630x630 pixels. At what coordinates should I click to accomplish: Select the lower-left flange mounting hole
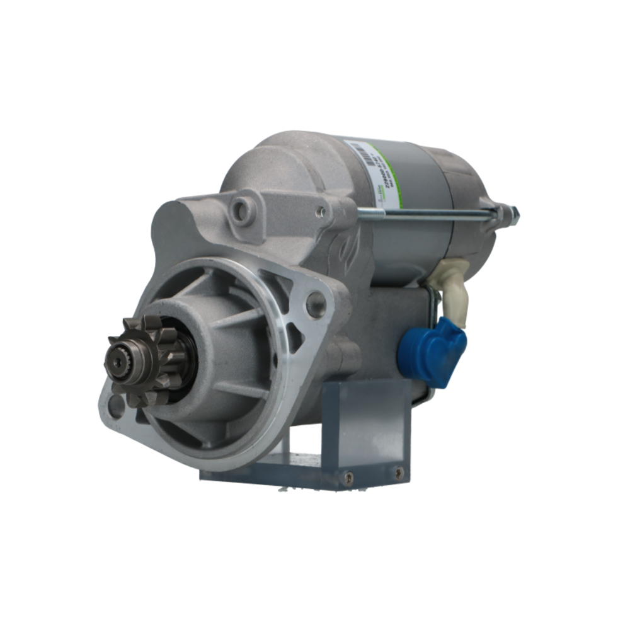(116, 406)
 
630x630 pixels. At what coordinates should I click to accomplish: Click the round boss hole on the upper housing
(241, 212)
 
